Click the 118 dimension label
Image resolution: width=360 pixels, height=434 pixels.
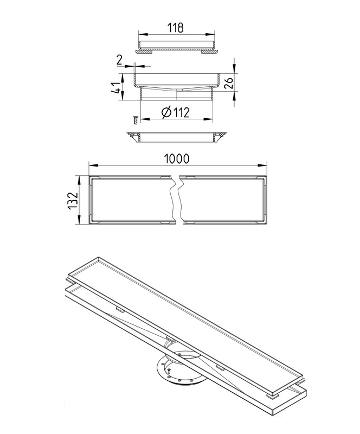coord(176,28)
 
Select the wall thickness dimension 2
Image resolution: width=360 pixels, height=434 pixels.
coord(119,60)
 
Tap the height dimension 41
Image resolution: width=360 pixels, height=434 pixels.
coord(115,87)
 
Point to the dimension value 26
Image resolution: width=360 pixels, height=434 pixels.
coord(229,83)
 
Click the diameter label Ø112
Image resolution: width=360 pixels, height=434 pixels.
coord(176,112)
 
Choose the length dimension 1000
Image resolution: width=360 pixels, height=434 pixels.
coord(177,158)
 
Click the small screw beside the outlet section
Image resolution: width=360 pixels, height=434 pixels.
coord(136,120)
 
